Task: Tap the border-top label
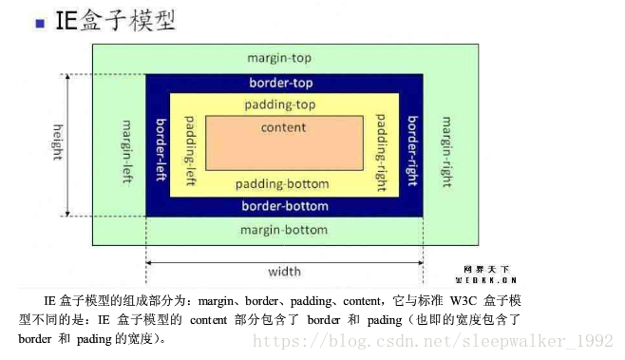(281, 83)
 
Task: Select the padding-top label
(280, 104)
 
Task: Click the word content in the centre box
(283, 127)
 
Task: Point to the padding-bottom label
(282, 184)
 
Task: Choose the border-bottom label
(284, 206)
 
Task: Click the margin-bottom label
(283, 230)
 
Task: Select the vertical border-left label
(160, 152)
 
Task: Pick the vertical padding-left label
(189, 150)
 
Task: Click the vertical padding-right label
(381, 152)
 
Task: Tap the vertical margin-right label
(445, 151)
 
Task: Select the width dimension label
(284, 272)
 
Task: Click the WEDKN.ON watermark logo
(485, 275)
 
